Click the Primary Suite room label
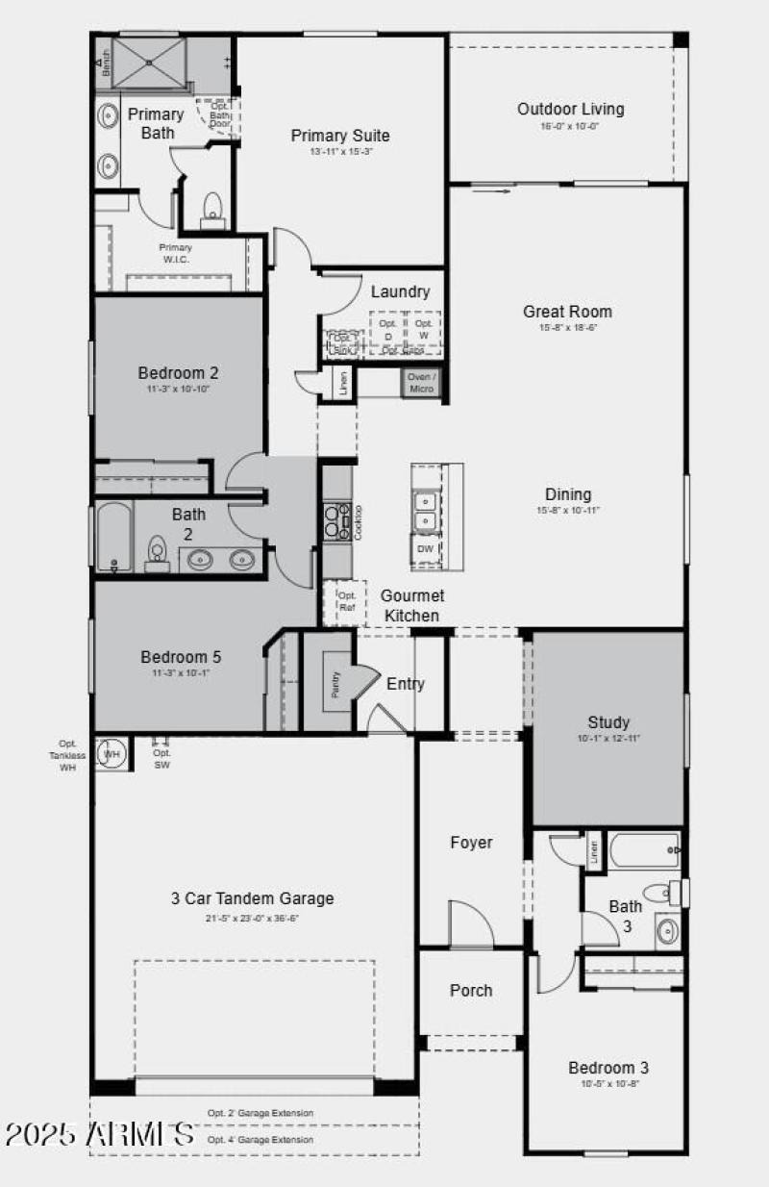pos(340,136)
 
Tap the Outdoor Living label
pos(570,109)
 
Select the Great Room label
pos(567,312)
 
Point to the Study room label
pos(608,722)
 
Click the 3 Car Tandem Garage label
pos(253,898)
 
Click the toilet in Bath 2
pos(158,552)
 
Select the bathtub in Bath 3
pos(645,849)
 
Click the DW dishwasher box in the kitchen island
pos(426,549)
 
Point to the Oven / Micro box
pos(421,382)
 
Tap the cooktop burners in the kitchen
pos(335,520)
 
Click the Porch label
pos(471,990)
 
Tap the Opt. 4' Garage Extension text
pos(260,1140)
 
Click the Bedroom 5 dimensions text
pos(181,672)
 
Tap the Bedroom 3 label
pos(608,1068)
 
